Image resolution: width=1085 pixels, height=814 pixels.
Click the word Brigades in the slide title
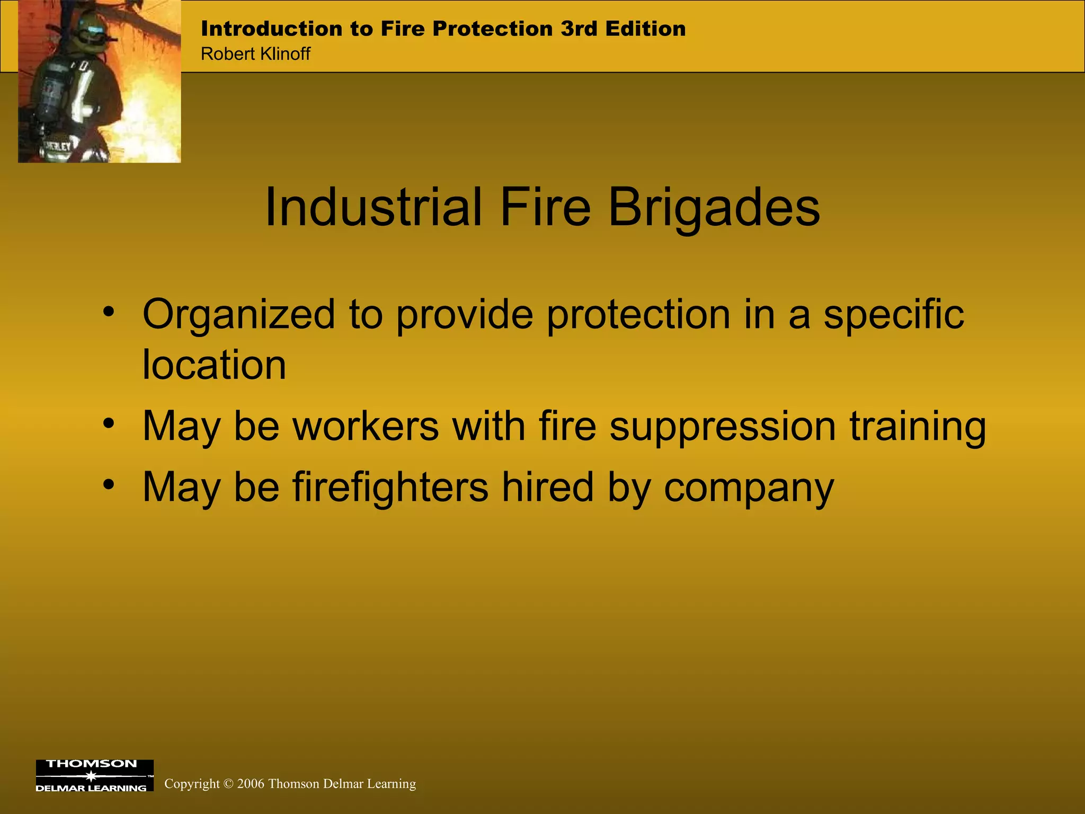[x=714, y=208]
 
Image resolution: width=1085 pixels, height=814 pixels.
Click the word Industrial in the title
[x=373, y=208]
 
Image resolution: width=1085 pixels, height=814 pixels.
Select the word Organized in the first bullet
[x=238, y=315]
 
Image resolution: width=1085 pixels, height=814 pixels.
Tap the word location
[x=214, y=365]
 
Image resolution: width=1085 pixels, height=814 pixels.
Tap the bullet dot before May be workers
[x=109, y=423]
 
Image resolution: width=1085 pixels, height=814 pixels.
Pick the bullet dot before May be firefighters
[x=109, y=484]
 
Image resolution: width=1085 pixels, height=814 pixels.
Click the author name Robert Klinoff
[x=255, y=54]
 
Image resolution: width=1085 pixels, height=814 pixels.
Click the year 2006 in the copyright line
[x=250, y=784]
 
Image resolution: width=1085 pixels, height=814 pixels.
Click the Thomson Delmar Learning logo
[x=94, y=776]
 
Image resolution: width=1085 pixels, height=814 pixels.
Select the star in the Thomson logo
[x=91, y=776]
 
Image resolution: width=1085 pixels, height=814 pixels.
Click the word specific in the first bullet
[x=894, y=315]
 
